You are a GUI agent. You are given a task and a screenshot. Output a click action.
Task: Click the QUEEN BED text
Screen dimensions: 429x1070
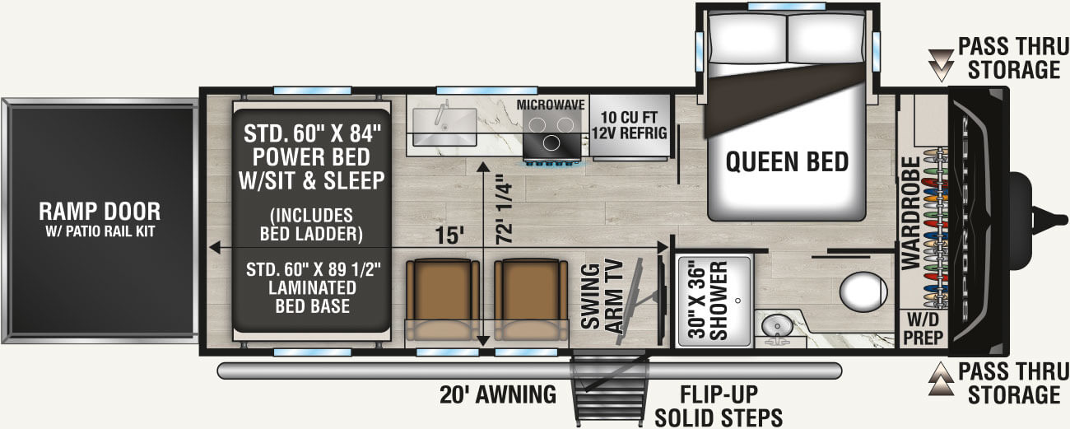pos(786,162)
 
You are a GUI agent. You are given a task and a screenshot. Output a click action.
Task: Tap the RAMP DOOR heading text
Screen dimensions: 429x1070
pos(99,211)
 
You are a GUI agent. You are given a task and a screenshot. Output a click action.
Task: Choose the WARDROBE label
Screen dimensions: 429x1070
pos(909,212)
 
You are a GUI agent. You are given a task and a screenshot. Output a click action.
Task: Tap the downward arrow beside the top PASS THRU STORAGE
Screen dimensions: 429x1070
pos(938,59)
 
